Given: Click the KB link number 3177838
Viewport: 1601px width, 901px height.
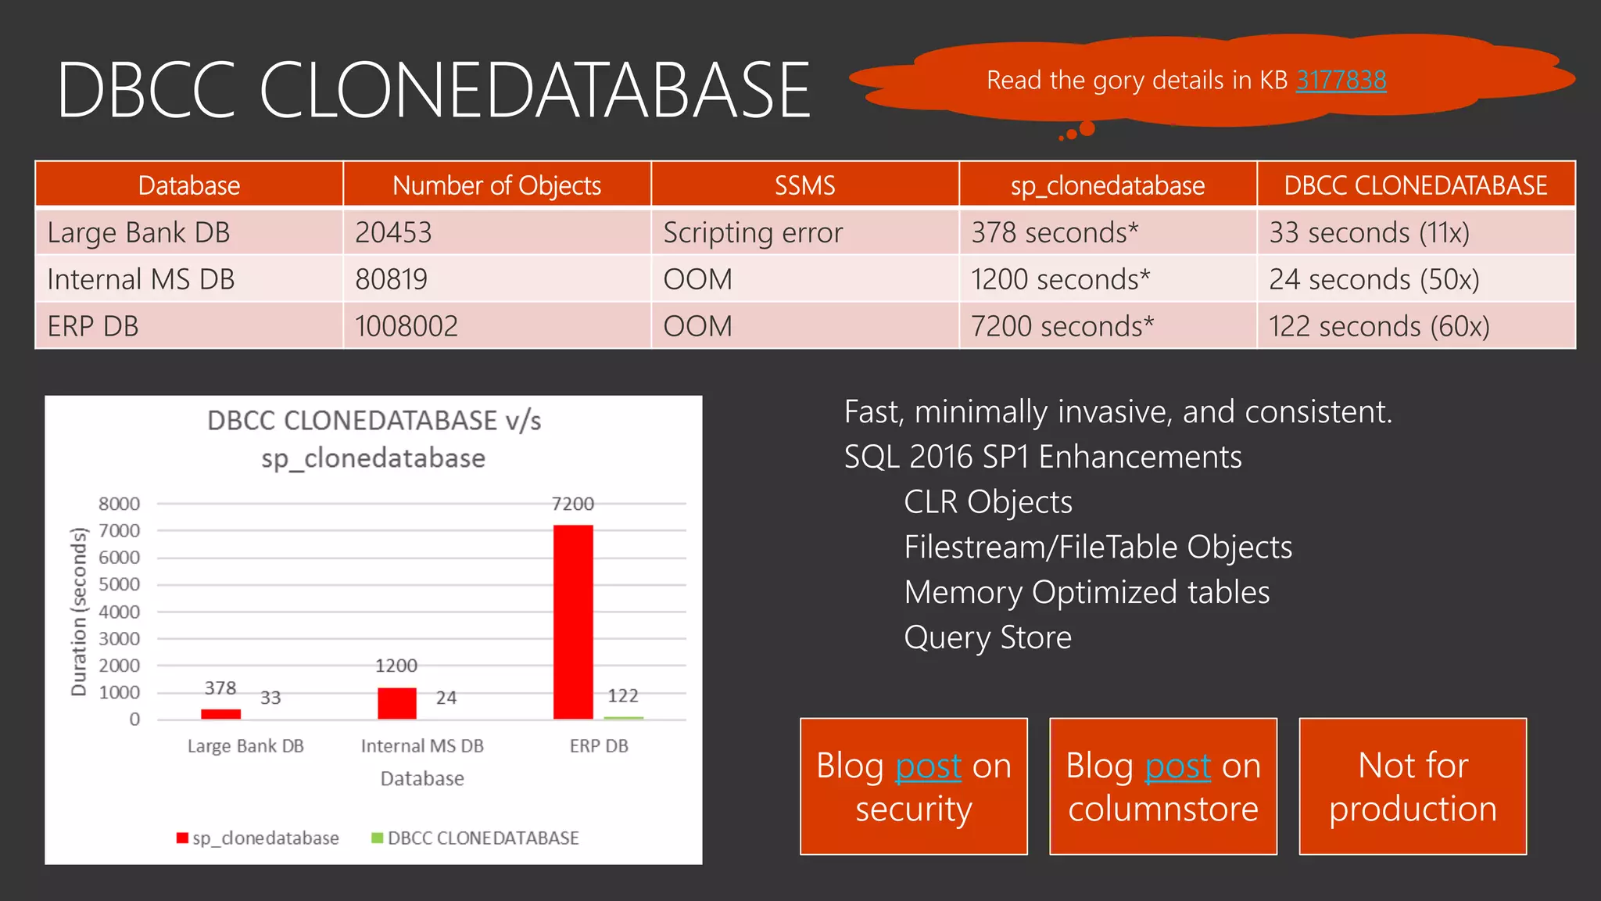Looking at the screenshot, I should tap(1341, 80).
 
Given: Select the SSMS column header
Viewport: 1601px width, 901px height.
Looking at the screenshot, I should tap(804, 185).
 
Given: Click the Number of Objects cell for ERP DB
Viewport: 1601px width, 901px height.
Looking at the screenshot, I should tap(407, 326).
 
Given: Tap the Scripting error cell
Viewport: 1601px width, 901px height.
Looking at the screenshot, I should tap(753, 232).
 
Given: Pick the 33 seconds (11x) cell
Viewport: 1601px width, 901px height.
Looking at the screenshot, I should tap(1369, 232).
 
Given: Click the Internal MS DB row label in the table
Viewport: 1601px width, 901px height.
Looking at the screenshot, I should tap(141, 279).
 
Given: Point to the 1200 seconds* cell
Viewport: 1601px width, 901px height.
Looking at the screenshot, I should tap(1060, 279).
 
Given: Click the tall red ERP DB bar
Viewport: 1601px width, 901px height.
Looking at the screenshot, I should tap(573, 622).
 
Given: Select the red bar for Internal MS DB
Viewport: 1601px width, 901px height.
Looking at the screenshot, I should tap(397, 703).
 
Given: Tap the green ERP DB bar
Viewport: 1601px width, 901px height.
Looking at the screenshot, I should tap(624, 717).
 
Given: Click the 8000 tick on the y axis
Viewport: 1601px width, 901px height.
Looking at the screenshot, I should tap(119, 504).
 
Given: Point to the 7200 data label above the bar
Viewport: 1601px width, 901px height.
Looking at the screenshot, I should tap(573, 504).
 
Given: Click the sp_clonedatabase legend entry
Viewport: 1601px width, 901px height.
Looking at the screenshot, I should tap(259, 838).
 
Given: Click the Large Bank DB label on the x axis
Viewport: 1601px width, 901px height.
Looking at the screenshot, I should tap(245, 746).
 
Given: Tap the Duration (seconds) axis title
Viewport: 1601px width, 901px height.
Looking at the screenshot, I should tap(78, 612).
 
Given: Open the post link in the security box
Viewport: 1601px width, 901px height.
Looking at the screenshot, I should tap(928, 766).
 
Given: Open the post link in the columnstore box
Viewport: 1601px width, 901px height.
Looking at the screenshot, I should tap(1177, 766).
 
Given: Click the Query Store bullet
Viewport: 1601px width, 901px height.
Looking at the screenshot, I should tap(987, 637).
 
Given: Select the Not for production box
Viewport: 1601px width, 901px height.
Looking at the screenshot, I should tap(1413, 786).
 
